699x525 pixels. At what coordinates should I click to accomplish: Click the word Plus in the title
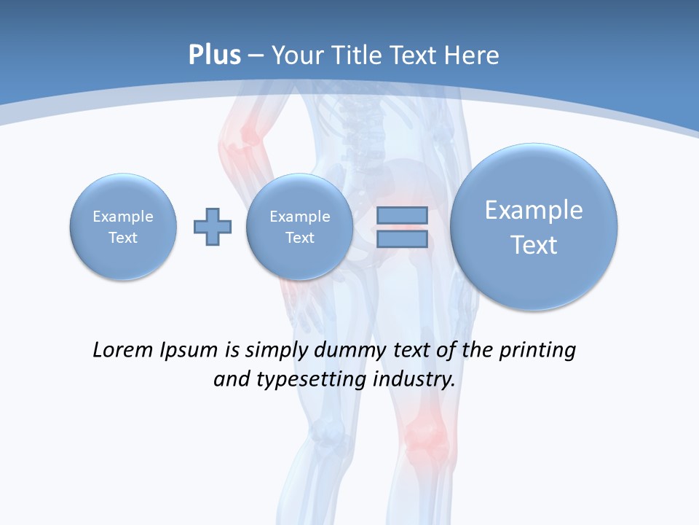[214, 55]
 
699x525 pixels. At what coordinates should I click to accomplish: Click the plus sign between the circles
[213, 227]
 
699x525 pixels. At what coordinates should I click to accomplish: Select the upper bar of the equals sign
[402, 216]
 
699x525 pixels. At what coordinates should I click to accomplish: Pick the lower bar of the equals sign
[402, 238]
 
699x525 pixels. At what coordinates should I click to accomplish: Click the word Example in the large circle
[534, 210]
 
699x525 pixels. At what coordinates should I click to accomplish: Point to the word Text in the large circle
[534, 245]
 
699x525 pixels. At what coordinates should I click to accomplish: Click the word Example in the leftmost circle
[123, 217]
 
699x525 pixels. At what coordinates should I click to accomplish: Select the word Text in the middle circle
[299, 238]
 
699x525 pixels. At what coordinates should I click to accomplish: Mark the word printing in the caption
[537, 350]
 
